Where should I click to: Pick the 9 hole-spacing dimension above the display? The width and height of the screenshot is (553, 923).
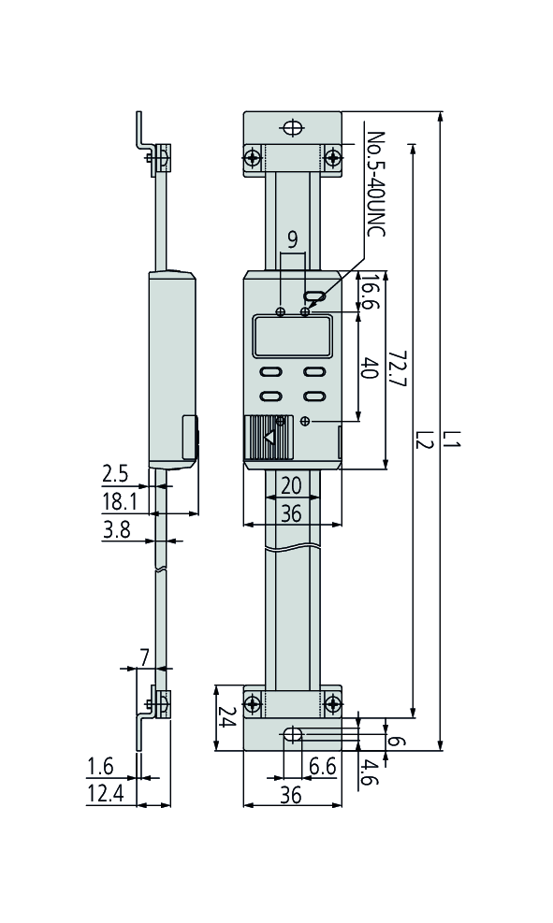coord(292,240)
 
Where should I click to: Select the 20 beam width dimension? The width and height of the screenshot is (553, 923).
coord(291,486)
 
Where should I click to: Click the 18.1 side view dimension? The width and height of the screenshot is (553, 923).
coord(118,502)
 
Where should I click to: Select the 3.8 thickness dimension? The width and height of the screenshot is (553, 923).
coord(117,530)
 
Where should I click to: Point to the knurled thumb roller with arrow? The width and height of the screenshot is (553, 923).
coord(268,437)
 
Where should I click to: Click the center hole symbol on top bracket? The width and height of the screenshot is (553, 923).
coord(293,127)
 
